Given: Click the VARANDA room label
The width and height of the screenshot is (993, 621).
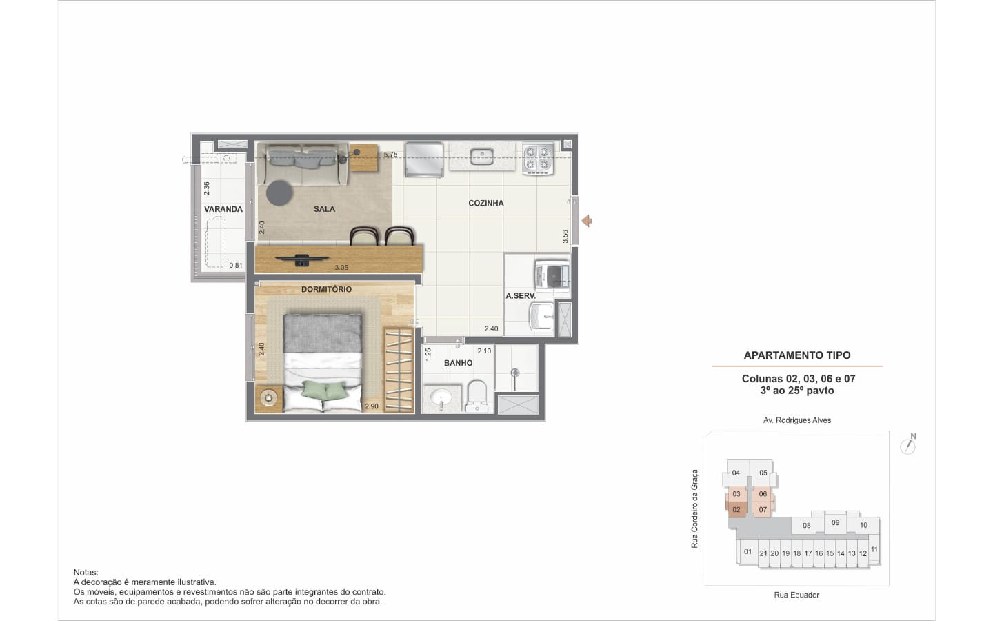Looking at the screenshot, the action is (223, 209).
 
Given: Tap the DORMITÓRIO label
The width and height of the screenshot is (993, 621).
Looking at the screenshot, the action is (326, 289).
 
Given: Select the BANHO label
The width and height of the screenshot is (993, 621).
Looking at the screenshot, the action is (458, 363).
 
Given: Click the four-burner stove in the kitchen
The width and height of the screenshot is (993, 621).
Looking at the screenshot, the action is (538, 159).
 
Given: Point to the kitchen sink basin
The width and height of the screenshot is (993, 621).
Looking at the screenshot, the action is (481, 156).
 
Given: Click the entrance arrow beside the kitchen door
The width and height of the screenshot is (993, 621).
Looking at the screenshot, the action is (587, 221).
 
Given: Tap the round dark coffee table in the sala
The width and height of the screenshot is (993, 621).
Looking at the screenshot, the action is (279, 193).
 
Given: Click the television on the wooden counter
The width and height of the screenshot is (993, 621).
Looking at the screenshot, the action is (301, 260).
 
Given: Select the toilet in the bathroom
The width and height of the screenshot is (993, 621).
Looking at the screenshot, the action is (477, 396).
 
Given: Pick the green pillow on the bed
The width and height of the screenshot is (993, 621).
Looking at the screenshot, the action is (324, 390).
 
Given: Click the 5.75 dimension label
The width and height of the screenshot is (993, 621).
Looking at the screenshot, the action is (390, 155).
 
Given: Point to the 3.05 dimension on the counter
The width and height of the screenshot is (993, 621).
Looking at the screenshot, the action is (341, 268).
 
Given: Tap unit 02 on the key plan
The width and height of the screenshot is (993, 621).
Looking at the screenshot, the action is (736, 510).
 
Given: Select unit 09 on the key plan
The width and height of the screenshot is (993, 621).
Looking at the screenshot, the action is (835, 522).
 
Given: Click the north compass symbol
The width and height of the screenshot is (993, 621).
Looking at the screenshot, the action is (908, 444).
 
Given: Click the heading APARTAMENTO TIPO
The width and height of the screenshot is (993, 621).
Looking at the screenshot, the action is (797, 355).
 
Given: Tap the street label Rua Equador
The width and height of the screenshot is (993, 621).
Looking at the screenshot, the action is (796, 595).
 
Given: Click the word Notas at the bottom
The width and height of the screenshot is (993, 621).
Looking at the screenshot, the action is (86, 572).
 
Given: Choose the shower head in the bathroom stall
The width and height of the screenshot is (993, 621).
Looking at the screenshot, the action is (514, 373).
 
